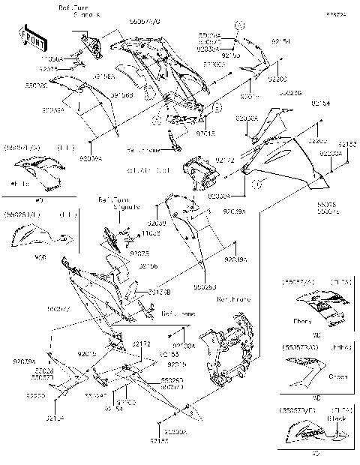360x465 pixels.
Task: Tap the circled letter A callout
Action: click(x=156, y=118)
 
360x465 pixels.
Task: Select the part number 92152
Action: click(x=346, y=143)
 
